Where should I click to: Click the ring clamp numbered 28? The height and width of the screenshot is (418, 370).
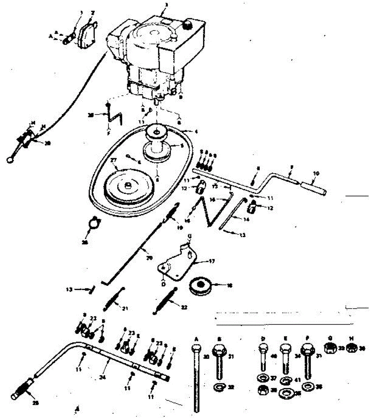93,223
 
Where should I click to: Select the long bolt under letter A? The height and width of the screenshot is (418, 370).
196,376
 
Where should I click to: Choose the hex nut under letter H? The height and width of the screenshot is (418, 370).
352,347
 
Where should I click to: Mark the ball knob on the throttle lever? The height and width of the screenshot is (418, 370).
10,160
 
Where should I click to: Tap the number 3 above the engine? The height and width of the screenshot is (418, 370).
166,5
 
